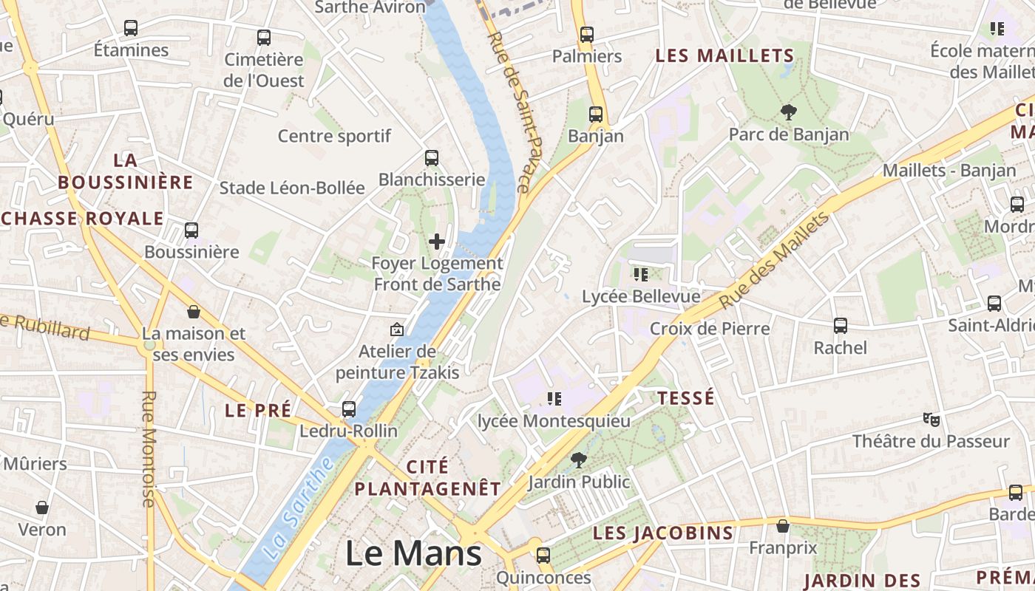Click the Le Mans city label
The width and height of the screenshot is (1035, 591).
point(413,554)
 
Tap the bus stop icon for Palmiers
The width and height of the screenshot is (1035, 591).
point(587,34)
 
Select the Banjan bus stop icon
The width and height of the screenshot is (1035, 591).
point(596,114)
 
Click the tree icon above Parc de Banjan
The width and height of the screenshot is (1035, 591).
point(788,112)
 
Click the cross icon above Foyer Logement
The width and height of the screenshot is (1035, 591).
point(437,241)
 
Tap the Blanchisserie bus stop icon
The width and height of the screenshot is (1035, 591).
point(432,157)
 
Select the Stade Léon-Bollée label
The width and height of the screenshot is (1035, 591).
point(292,188)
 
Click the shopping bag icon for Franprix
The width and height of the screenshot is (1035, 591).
point(782,526)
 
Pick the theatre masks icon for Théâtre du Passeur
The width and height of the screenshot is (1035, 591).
point(931,420)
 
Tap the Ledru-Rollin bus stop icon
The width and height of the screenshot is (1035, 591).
point(349,409)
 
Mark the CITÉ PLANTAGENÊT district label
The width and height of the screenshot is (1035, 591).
point(427,477)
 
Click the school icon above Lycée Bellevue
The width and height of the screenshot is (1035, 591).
point(641,275)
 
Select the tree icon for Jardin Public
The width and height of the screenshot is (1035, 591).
point(579,460)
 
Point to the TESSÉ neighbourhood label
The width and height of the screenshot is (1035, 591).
point(686,397)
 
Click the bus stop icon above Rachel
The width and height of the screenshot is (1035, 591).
point(841,325)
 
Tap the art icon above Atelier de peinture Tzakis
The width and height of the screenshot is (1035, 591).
point(397,329)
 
